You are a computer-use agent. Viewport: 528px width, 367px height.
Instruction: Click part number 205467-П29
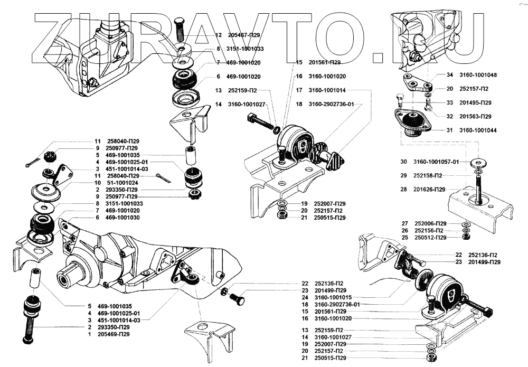(244, 35)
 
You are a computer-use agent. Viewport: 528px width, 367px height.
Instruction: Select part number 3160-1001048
(478, 75)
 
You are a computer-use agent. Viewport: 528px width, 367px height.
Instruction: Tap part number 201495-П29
(475, 102)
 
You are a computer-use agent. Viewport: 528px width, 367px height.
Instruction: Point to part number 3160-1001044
(478, 130)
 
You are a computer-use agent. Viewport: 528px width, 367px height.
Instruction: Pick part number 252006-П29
(430, 223)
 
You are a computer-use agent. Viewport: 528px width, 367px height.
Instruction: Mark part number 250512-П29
(430, 237)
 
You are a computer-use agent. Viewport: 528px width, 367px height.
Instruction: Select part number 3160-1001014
(327, 90)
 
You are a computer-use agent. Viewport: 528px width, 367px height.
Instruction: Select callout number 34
(450, 75)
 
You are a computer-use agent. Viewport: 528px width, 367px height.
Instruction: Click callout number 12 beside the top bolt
(218, 35)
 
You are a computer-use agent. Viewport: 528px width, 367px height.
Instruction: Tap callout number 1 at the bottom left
(90, 334)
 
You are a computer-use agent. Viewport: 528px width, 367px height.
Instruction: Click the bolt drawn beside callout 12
(179, 29)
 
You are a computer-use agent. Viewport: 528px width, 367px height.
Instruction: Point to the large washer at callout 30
(478, 162)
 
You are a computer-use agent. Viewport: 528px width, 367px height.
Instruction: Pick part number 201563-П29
(475, 116)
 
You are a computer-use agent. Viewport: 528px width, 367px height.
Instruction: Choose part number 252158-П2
(429, 175)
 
